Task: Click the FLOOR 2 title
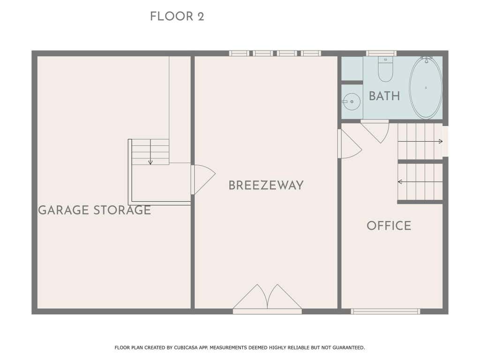point(177,16)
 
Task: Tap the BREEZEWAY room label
point(266,185)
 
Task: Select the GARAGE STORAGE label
point(95,210)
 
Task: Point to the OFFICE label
point(389,225)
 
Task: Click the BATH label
point(384,96)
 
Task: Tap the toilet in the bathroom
point(385,69)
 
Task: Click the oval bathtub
point(426,88)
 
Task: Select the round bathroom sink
point(351,102)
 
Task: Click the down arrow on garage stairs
point(150,152)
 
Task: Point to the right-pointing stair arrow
point(420,142)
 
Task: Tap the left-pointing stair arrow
point(420,182)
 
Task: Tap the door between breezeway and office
point(350,144)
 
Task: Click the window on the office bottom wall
point(385,311)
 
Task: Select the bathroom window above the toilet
point(381,53)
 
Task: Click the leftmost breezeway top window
point(239,53)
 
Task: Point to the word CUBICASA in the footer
point(185,347)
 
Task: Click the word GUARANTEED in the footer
point(349,347)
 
